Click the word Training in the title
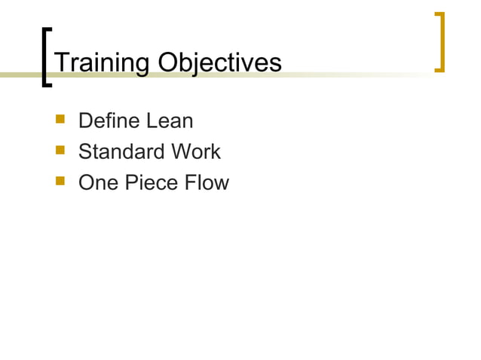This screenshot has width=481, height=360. [101, 63]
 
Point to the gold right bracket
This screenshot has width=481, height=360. [440, 42]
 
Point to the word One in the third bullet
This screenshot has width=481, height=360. [97, 183]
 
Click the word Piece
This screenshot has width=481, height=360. [149, 183]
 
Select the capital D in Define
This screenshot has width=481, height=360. [85, 121]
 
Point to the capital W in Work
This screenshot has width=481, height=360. [179, 151]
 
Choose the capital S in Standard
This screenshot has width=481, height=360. [85, 151]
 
